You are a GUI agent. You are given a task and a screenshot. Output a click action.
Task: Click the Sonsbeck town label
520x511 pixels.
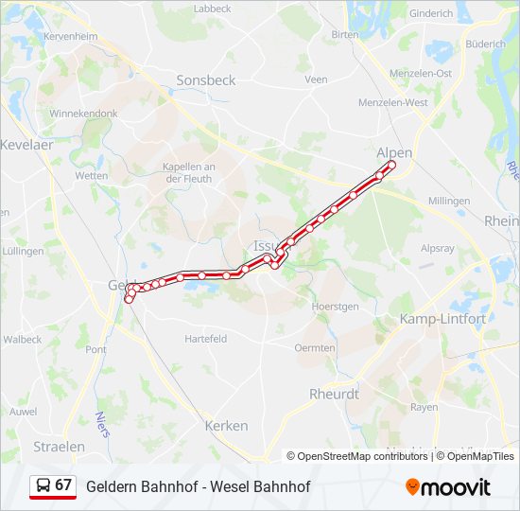205,80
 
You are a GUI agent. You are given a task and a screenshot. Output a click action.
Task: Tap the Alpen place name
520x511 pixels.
394,151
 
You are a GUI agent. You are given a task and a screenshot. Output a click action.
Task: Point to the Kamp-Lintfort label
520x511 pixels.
442,319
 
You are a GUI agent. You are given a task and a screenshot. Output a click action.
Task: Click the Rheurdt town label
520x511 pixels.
335,394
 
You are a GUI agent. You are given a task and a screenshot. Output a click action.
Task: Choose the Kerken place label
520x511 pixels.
226,426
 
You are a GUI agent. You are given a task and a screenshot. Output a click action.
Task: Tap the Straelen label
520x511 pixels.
59,446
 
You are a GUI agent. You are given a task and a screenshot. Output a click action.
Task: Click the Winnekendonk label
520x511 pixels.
84,113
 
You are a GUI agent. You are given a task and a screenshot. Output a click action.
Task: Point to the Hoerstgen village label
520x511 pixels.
337,307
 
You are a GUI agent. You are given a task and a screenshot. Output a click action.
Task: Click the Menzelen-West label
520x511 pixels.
393,102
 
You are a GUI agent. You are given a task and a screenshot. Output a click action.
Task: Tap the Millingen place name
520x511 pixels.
449,202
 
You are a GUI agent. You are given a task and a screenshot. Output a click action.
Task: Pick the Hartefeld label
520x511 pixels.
205,339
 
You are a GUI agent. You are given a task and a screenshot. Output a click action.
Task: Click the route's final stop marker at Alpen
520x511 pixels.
391,166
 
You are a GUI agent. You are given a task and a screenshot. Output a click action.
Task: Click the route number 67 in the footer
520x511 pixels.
63,485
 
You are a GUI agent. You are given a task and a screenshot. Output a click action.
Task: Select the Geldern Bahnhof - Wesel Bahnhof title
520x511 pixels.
198,486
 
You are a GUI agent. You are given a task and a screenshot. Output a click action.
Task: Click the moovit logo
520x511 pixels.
448,486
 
